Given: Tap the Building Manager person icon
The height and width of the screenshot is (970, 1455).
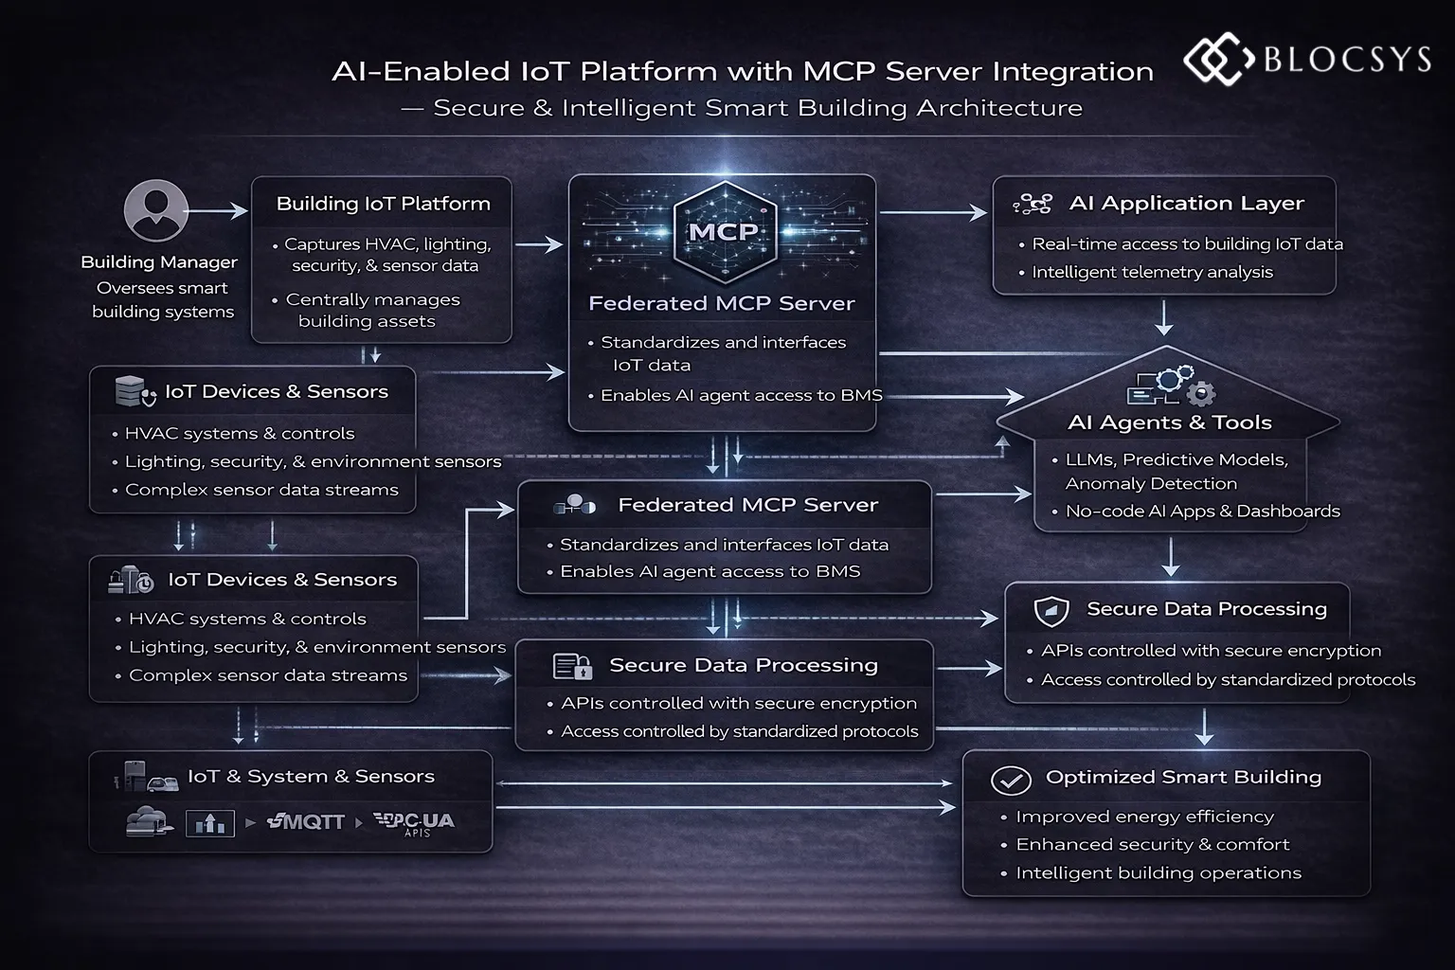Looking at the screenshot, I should [x=155, y=210].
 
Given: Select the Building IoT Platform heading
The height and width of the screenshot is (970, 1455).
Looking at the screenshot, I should [x=383, y=204].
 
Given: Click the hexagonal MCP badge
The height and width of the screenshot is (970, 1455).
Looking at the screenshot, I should [x=723, y=231].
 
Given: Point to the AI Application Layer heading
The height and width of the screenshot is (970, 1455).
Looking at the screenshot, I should [x=1186, y=204].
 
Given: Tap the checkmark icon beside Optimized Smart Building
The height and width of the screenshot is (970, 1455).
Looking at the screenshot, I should [x=1011, y=781].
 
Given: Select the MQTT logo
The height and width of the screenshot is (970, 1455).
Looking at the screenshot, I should [x=306, y=822].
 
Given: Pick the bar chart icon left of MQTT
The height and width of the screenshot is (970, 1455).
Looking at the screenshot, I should [x=209, y=823].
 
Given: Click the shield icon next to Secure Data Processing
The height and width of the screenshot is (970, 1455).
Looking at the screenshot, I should [x=1051, y=611].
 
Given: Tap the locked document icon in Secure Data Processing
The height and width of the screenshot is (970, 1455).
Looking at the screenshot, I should [x=572, y=667].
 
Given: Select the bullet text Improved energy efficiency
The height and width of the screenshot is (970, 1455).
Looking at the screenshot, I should [x=1144, y=817].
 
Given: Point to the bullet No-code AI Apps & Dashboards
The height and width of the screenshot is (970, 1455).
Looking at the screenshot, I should [x=1202, y=512].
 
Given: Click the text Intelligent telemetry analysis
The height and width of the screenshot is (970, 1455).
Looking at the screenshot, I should [x=1152, y=273].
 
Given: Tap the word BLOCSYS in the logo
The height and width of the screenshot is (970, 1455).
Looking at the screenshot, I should [x=1347, y=60].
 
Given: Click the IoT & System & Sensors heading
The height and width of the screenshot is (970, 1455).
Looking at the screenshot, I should [x=311, y=777].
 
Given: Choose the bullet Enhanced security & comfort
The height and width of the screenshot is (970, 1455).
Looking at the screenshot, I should [x=1152, y=845].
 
